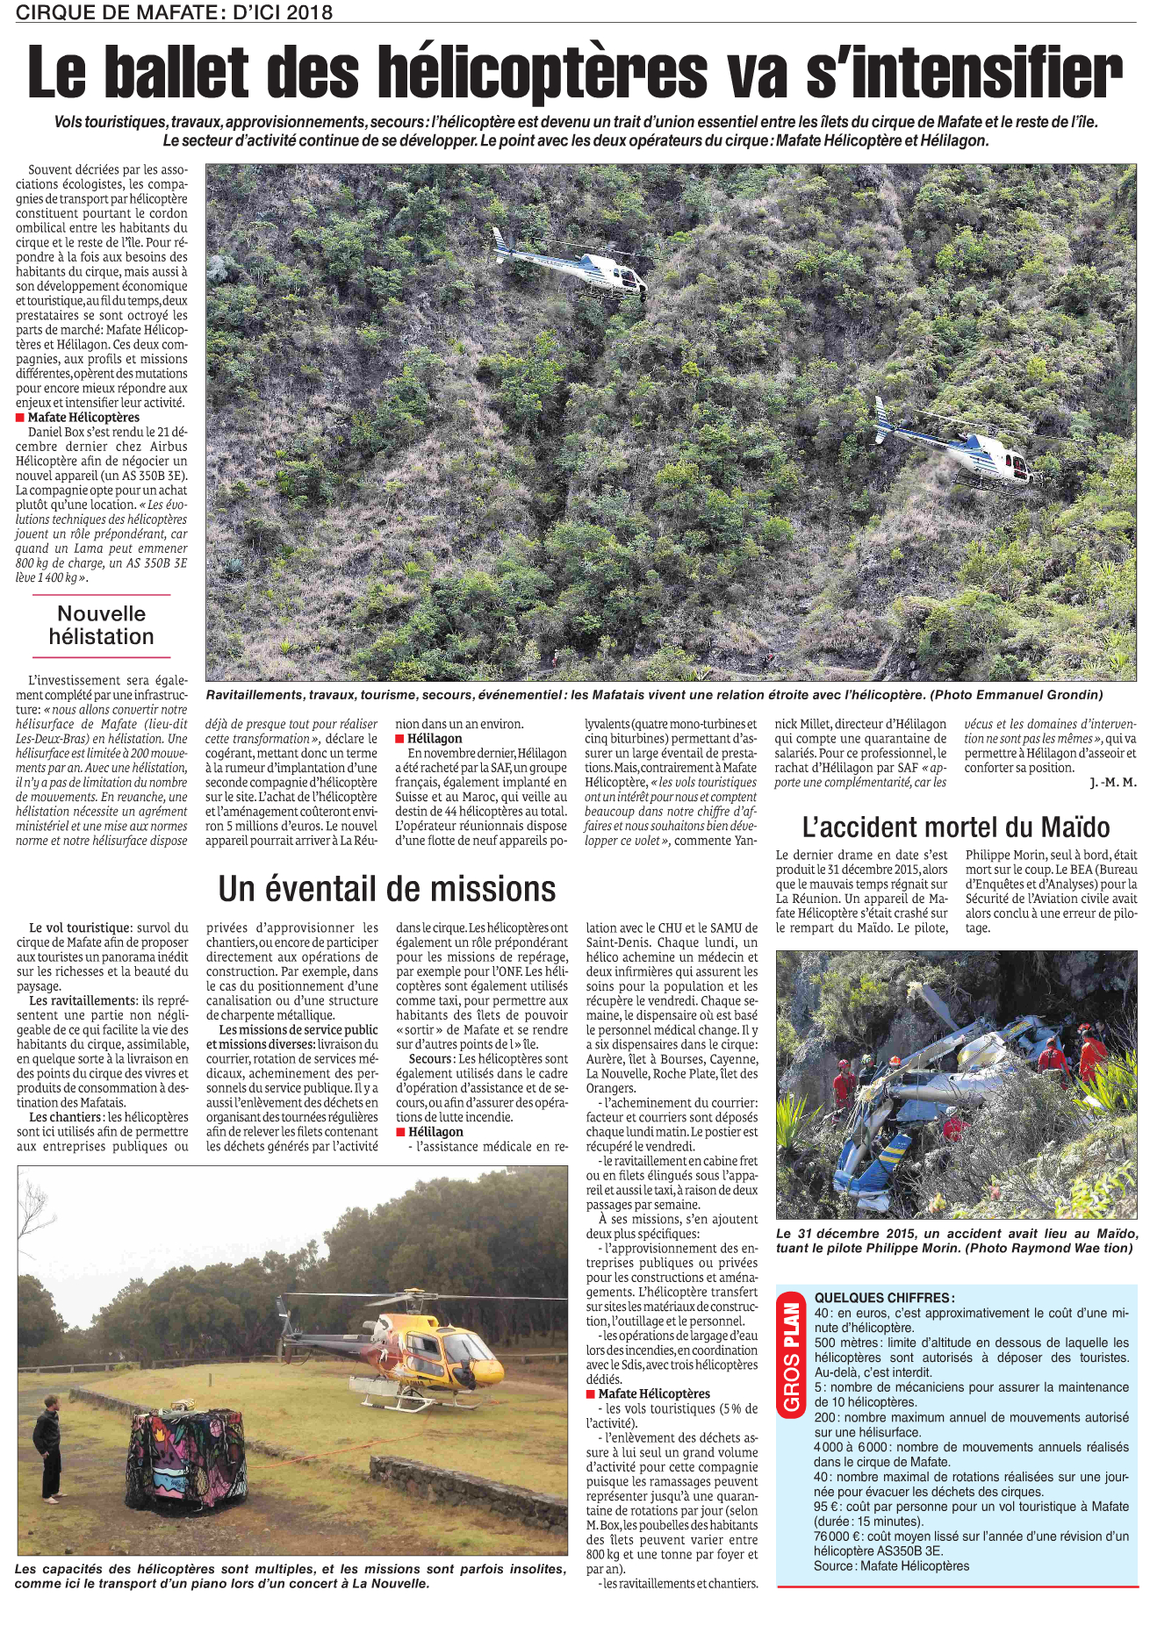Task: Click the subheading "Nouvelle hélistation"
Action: [101, 626]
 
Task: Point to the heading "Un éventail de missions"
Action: [387, 889]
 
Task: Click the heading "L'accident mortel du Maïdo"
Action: [956, 827]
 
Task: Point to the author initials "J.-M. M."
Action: [1112, 783]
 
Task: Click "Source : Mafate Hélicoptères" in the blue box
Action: [891, 1566]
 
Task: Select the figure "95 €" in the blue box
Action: [826, 1507]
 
